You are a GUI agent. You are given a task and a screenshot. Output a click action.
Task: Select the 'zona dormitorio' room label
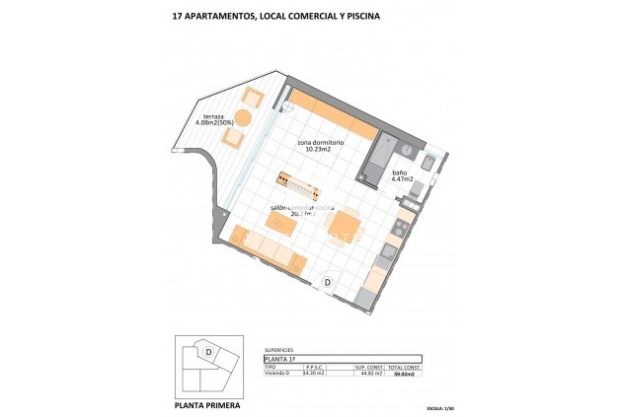[x=321, y=142]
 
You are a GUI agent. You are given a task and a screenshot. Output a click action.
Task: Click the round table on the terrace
[x=243, y=118]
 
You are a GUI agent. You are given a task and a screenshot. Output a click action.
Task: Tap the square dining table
[x=345, y=227]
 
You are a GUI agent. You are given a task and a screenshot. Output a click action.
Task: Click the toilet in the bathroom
[x=429, y=164]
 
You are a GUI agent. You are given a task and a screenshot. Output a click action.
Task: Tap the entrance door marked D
[x=328, y=282]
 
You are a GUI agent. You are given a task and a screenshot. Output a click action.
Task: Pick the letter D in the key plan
[x=209, y=351]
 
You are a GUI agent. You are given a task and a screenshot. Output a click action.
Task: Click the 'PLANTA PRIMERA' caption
[x=206, y=404]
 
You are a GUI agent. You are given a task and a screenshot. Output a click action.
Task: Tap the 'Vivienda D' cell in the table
[x=278, y=374]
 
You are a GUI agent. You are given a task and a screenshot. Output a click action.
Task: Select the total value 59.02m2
[x=405, y=374]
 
